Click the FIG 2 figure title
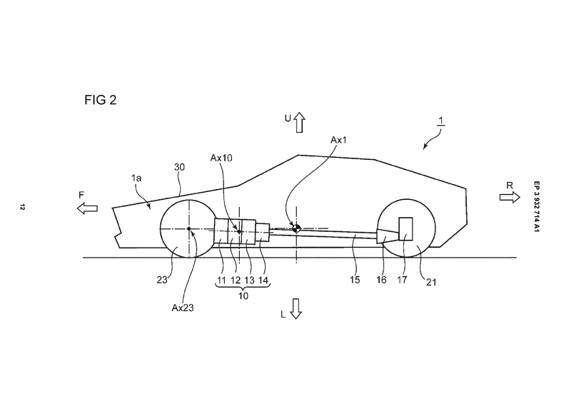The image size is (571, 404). [96, 100]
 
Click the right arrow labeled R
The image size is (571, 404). [510, 198]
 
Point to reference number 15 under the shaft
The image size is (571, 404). [355, 281]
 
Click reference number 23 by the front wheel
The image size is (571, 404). [168, 281]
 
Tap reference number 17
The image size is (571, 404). [402, 281]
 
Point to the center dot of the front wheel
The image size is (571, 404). [189, 229]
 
